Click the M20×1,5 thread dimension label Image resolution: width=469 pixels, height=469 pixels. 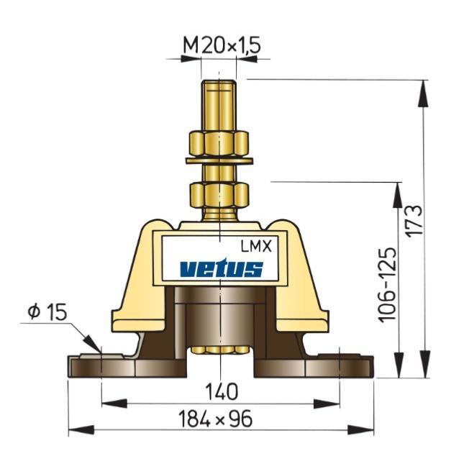click(x=222, y=46)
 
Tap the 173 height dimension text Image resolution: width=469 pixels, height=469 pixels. click(x=414, y=220)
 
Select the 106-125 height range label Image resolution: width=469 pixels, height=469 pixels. click(x=388, y=285)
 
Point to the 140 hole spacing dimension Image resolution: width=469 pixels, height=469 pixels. click(x=222, y=392)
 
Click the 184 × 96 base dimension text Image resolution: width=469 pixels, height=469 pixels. click(x=215, y=419)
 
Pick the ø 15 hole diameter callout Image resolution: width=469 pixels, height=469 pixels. click(x=47, y=312)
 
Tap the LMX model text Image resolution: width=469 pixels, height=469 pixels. click(x=256, y=247)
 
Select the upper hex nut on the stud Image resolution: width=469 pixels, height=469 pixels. click(x=219, y=143)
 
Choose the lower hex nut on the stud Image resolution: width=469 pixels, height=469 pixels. click(x=219, y=196)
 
